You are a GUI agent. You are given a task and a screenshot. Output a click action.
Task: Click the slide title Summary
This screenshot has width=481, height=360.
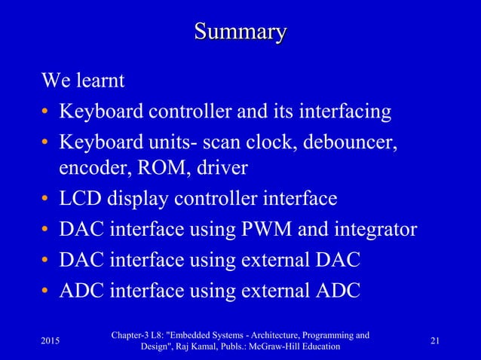[x=240, y=32]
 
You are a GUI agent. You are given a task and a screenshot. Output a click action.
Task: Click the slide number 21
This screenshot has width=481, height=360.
[x=436, y=341]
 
